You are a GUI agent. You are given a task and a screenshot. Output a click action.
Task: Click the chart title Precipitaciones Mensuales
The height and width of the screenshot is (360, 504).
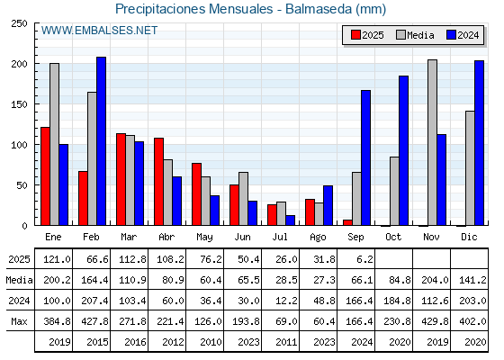coord(193,9)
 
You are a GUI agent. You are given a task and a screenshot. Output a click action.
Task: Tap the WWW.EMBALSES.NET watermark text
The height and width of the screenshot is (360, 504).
coord(99,31)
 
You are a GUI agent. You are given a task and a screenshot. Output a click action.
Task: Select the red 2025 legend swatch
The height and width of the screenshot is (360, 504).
coord(355,35)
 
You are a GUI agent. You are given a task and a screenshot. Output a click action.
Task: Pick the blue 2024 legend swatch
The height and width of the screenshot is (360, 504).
coord(451,35)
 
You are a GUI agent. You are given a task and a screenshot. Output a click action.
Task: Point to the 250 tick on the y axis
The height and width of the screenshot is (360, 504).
coord(19,23)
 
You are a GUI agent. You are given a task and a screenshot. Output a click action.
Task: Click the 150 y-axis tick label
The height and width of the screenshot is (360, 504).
coord(19,104)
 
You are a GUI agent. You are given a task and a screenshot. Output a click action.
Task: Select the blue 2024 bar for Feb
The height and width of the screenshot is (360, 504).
coord(101,141)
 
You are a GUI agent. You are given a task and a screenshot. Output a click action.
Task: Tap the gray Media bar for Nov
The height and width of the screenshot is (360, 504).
coord(432,142)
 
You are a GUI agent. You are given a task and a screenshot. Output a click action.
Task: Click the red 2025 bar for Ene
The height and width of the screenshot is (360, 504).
coord(45,176)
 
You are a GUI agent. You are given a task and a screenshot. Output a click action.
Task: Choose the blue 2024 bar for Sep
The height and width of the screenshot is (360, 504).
coord(365,157)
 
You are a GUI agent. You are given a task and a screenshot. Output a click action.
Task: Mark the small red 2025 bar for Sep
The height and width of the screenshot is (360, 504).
coord(347,222)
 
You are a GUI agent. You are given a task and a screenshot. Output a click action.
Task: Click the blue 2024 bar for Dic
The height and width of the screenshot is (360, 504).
coord(479,143)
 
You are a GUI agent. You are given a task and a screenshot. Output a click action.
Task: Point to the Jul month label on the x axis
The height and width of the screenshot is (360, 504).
coord(280,237)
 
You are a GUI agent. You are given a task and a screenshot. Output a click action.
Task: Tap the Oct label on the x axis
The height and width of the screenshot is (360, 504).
coord(393,237)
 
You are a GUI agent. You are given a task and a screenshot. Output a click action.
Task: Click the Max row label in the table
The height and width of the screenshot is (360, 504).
coord(19,321)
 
